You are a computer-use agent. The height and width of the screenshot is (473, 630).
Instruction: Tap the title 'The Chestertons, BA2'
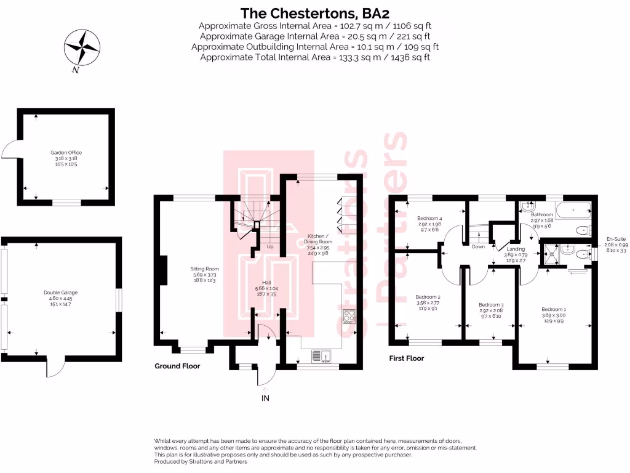(314, 12)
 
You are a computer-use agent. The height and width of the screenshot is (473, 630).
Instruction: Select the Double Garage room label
(60, 296)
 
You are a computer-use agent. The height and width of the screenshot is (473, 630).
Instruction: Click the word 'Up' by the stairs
(269, 247)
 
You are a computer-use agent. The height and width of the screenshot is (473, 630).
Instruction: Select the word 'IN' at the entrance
(265, 398)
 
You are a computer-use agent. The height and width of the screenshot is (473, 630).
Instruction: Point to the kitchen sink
(320, 356)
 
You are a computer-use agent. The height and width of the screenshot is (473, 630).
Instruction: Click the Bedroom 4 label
(429, 222)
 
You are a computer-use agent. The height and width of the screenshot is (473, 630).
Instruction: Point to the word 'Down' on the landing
(478, 246)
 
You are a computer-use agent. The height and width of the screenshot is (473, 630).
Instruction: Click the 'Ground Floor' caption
(177, 366)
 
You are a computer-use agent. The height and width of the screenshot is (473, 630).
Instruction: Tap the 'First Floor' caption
(407, 358)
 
